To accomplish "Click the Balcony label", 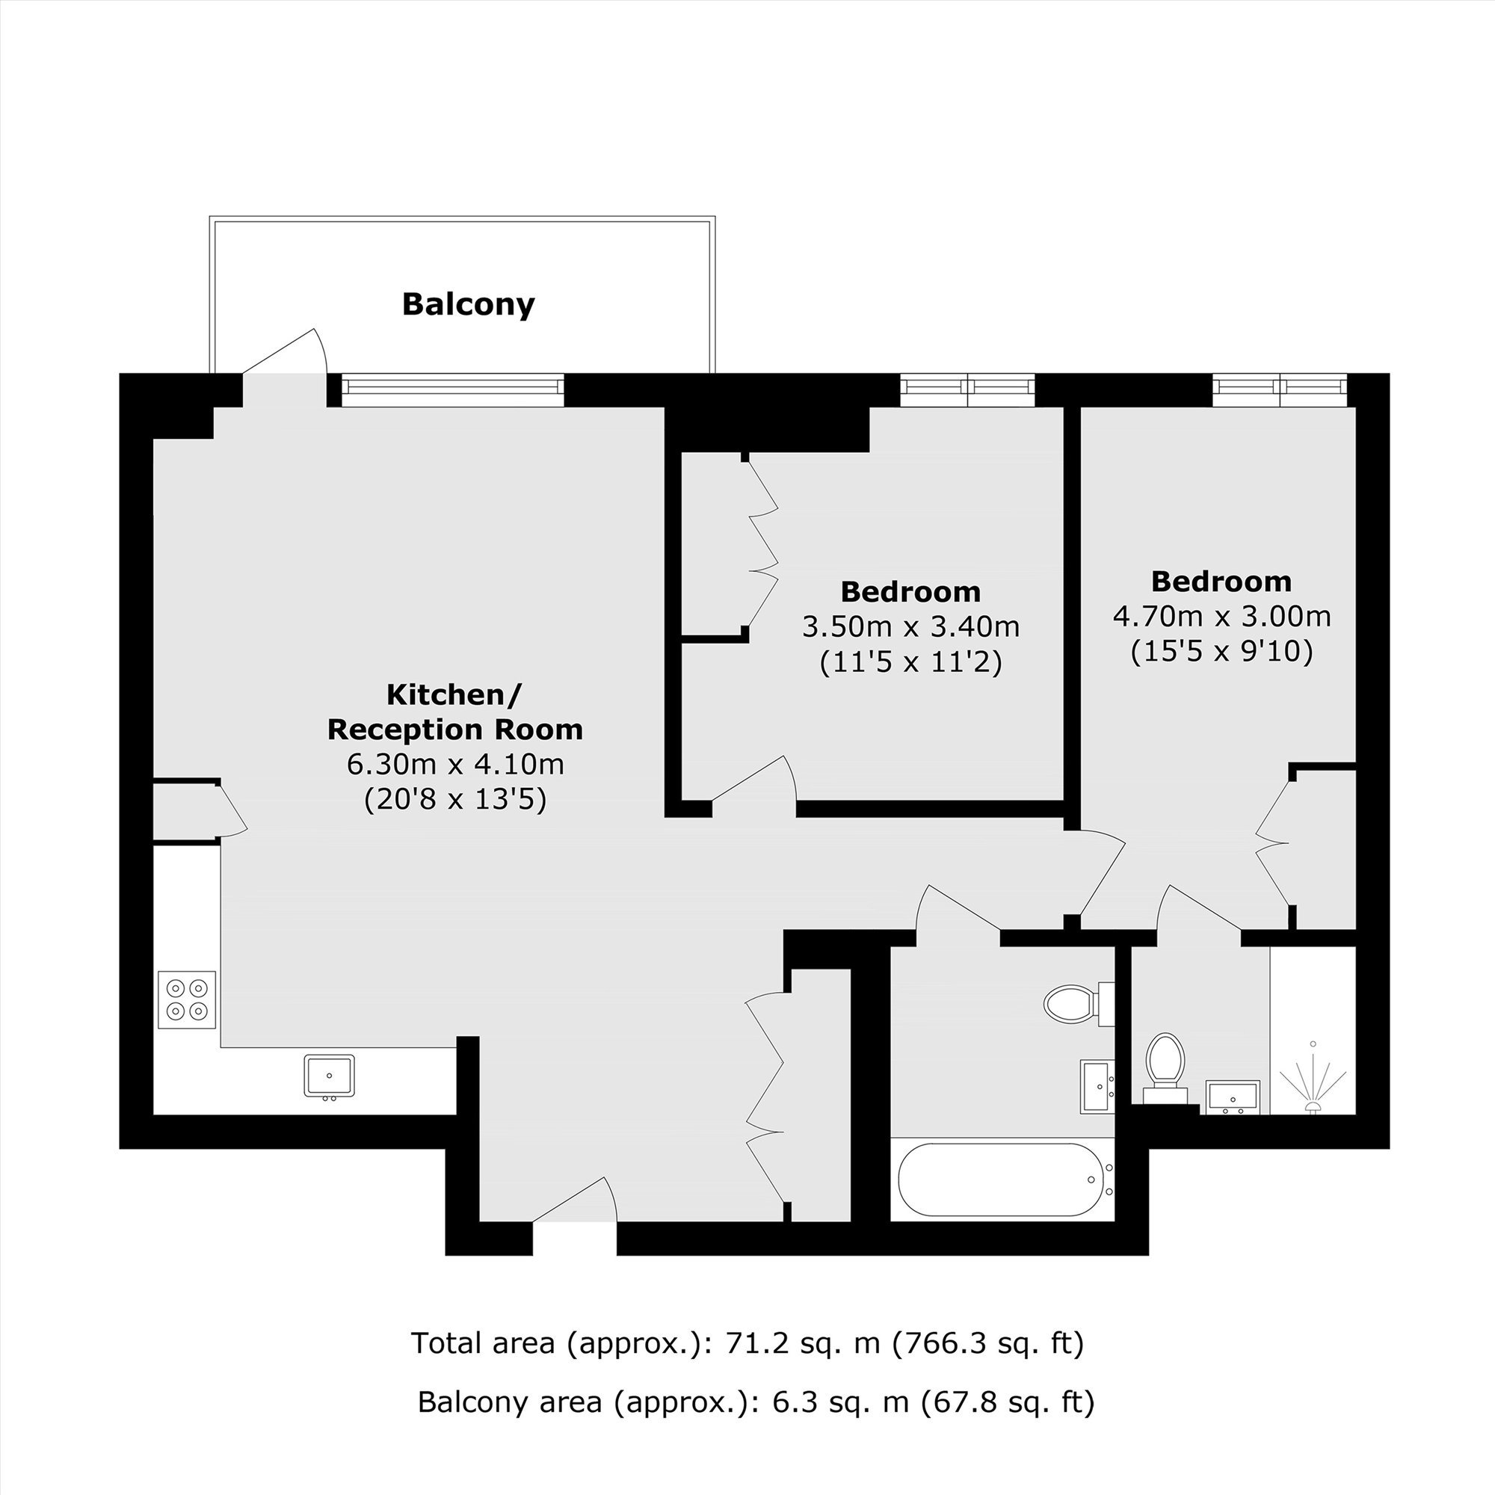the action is click(x=468, y=304).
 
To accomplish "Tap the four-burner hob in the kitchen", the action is click(x=186, y=999).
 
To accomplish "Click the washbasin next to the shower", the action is click(x=1233, y=1097).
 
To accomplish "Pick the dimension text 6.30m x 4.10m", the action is click(x=455, y=765).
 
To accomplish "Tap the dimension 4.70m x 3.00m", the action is click(x=1222, y=616).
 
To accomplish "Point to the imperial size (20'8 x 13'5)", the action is click(x=455, y=799).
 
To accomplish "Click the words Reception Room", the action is click(x=455, y=730).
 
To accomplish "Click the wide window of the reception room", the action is click(x=453, y=389).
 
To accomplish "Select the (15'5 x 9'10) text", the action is click(x=1222, y=652).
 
